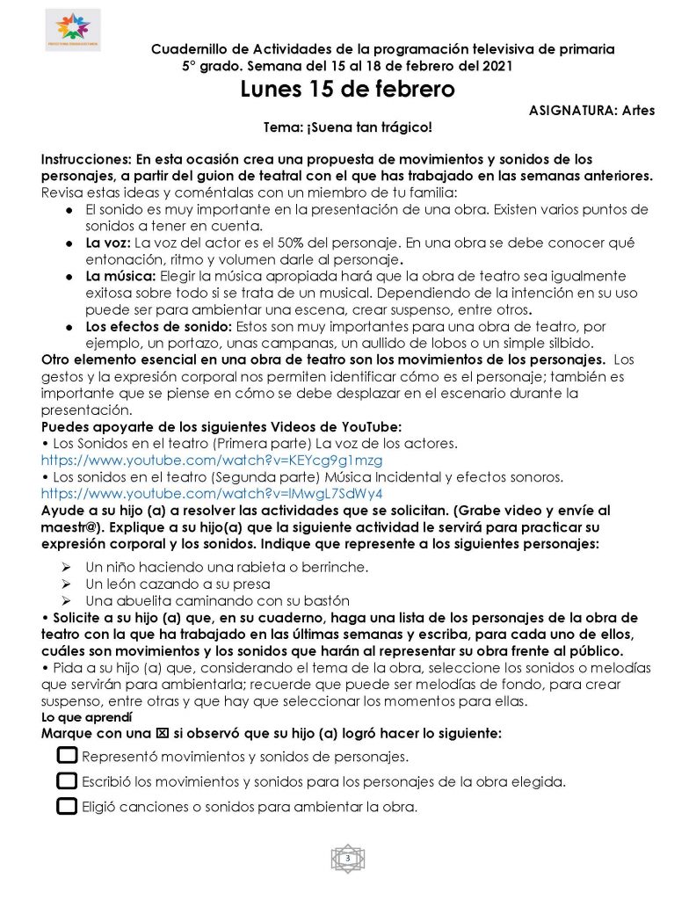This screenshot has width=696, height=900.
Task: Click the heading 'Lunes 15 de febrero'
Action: tap(348, 90)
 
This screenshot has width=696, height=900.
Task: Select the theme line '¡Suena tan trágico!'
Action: tap(348, 127)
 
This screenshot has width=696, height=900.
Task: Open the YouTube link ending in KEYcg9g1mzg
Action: tap(212, 460)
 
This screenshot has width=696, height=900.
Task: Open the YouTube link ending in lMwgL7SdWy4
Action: tap(212, 493)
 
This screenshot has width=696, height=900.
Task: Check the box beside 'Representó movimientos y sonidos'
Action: tap(67, 755)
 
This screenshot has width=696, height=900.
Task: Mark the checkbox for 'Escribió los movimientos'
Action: tap(67, 780)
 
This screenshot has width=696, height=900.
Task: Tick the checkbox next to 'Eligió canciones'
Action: tap(67, 805)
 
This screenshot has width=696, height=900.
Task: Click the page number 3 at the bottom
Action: tap(348, 858)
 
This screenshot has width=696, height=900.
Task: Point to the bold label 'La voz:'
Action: tap(108, 243)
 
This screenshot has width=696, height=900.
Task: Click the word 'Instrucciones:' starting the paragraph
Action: tap(84, 160)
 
